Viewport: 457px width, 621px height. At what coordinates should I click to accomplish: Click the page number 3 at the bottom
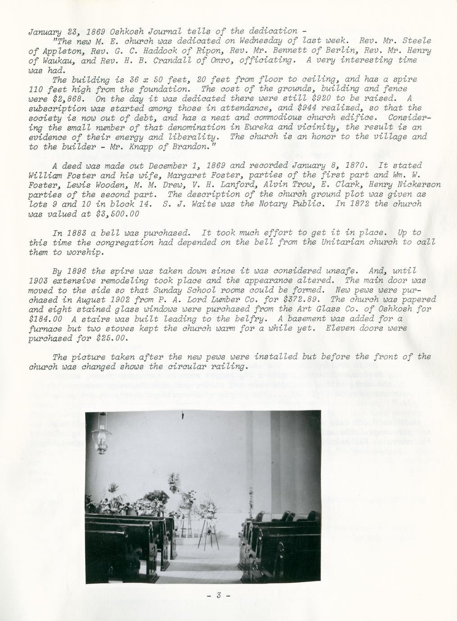point(218,595)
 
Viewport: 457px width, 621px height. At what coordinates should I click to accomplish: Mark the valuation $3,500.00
point(118,214)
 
